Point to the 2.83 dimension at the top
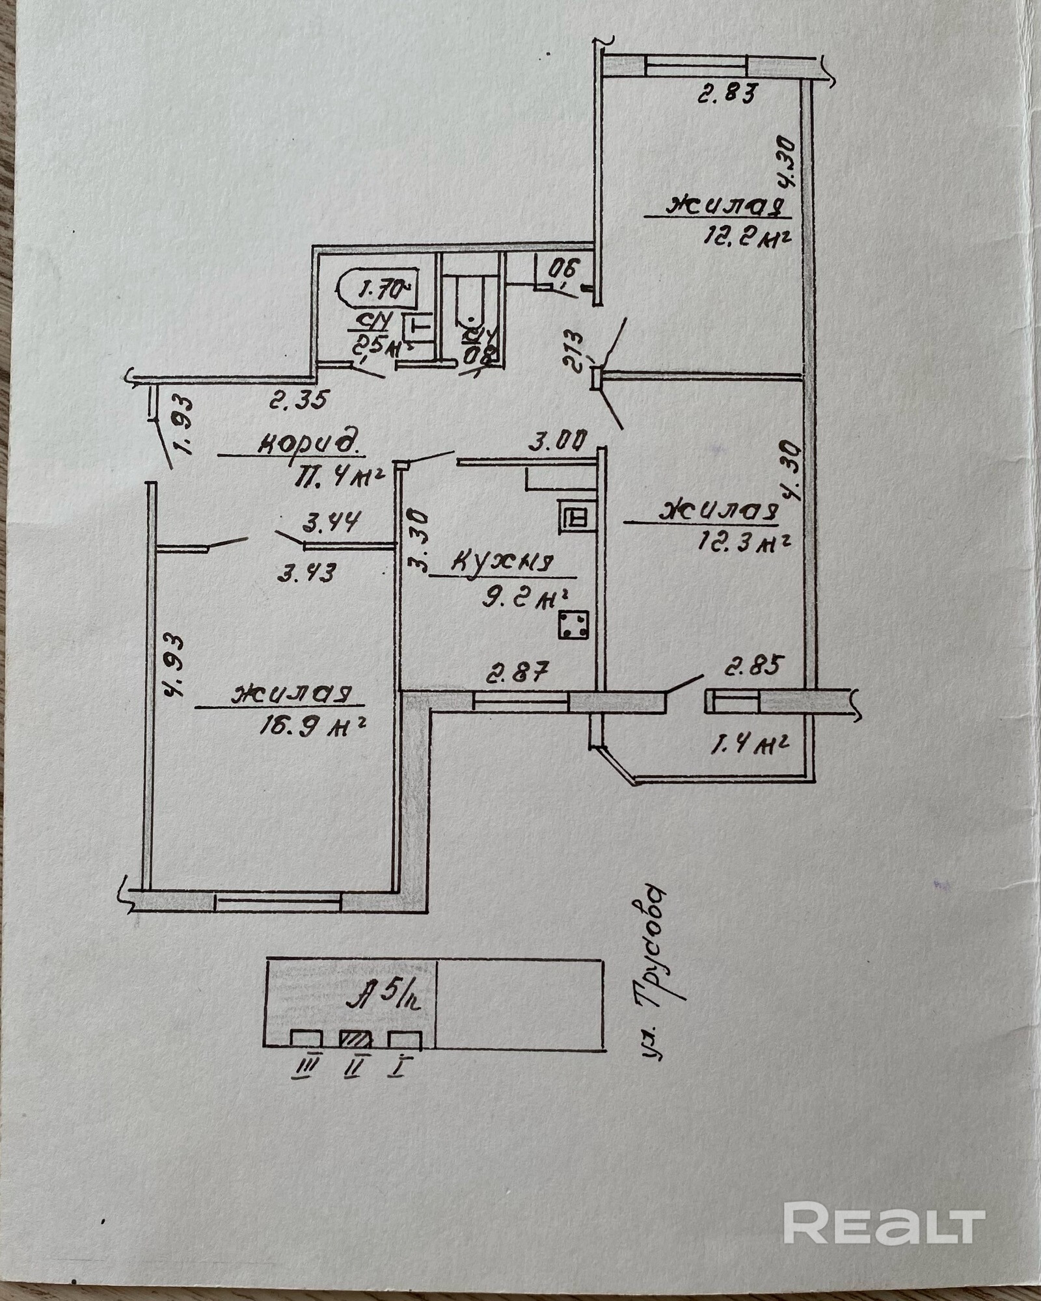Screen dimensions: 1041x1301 (727, 95)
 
